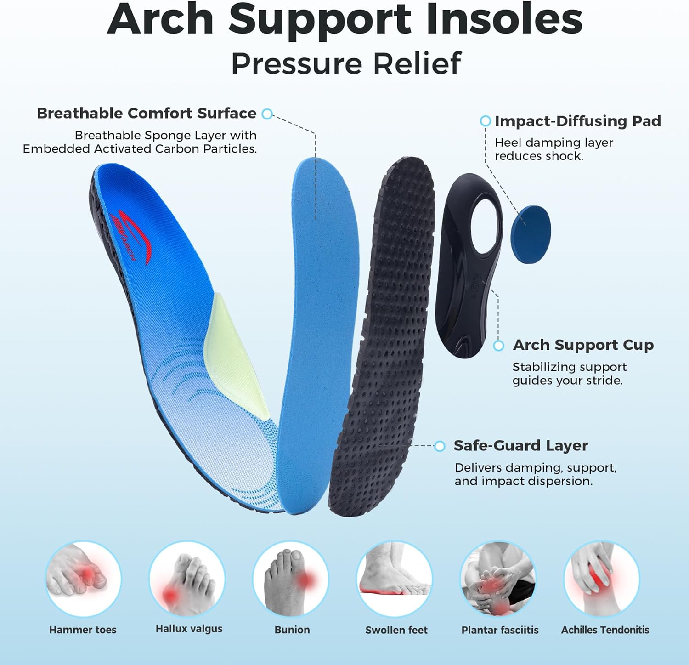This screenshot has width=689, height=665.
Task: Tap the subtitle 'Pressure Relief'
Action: (345, 63)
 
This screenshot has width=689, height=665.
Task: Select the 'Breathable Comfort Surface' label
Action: (147, 113)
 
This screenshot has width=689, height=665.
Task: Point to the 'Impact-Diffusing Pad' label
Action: (577, 121)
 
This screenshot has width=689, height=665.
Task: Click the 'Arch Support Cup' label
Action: (583, 345)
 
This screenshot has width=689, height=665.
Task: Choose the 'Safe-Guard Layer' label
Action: (520, 445)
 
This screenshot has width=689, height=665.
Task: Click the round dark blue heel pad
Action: (531, 234)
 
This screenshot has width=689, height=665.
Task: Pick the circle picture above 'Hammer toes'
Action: (83, 578)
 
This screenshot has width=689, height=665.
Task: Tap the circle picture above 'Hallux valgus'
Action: (187, 578)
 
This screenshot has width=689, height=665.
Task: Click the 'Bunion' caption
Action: (292, 630)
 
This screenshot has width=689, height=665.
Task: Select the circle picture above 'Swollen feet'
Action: (395, 578)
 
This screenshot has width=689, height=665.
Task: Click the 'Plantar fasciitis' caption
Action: (500, 630)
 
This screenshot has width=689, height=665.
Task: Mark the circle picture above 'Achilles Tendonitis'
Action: (602, 578)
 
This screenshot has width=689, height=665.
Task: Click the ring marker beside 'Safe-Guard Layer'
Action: (440, 446)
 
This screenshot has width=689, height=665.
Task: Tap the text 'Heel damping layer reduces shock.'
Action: (553, 149)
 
